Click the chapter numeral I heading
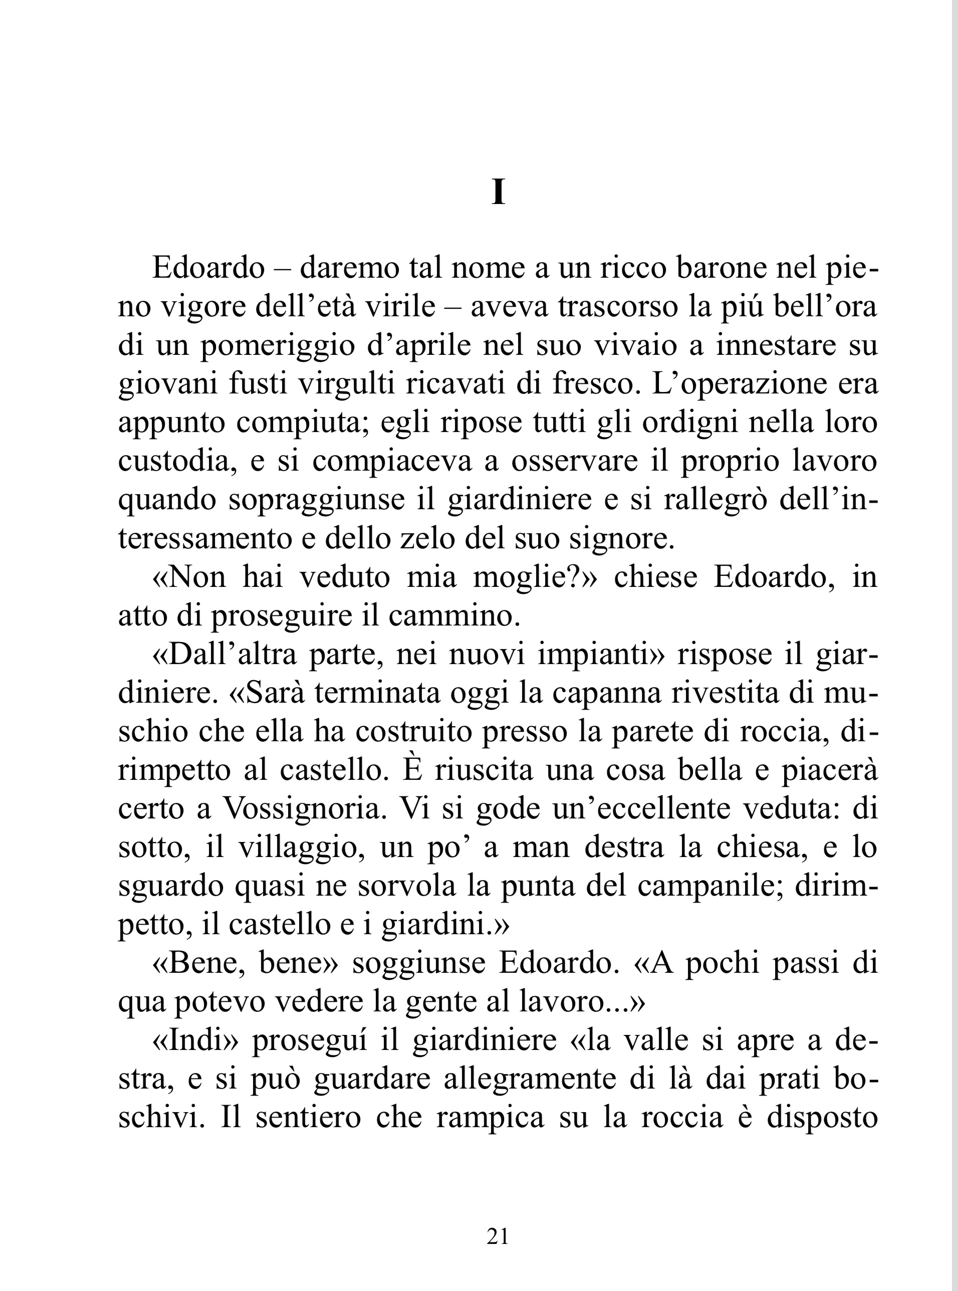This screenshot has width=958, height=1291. click(x=498, y=192)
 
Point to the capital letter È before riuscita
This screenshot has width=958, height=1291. click(x=410, y=770)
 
